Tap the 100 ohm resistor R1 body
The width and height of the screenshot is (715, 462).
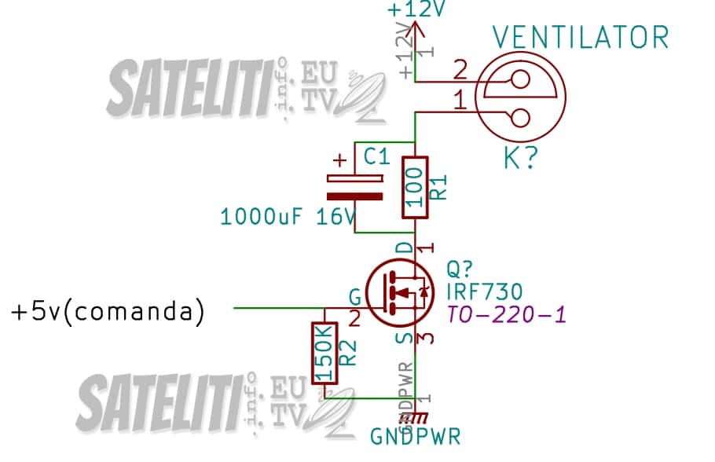pos(414,189)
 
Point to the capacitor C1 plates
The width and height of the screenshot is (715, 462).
pos(355,189)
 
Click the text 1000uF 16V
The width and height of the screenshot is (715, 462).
pos(288,216)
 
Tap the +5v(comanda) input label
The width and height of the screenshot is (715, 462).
pos(108,311)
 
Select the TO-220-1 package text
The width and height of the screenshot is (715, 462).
pos(505,315)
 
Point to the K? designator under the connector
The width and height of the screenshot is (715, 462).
pos(520,159)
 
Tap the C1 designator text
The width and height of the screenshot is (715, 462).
pos(376,157)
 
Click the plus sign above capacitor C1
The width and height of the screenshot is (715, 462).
pos(339,160)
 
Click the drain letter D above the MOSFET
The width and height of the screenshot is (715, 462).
pos(403,248)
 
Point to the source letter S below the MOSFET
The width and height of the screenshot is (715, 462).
pos(403,339)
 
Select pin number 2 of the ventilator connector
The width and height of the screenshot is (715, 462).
pos(460,71)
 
